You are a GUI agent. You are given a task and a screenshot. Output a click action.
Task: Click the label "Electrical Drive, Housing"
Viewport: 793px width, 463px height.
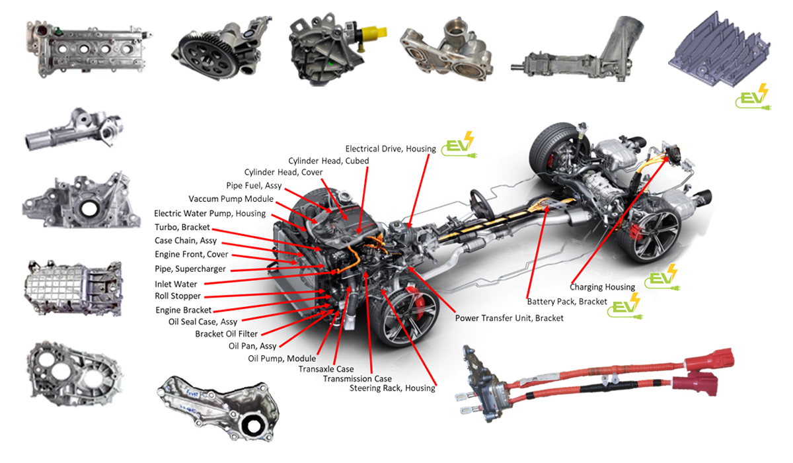pyautogui.click(x=391, y=149)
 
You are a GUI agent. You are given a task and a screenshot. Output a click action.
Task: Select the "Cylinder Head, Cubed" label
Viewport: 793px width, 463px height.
pyautogui.click(x=328, y=161)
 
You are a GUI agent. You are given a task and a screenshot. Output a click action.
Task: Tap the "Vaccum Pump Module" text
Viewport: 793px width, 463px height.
pyautogui.click(x=231, y=199)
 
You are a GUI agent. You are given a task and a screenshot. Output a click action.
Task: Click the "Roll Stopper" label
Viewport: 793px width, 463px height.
pyautogui.click(x=178, y=296)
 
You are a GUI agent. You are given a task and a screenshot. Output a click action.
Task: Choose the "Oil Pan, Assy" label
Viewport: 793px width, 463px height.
pyautogui.click(x=252, y=346)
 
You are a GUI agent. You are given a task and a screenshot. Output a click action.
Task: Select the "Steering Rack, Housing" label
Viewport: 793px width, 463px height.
pyautogui.click(x=393, y=388)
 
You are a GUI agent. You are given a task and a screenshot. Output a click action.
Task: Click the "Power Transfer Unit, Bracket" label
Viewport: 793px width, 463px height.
pyautogui.click(x=510, y=318)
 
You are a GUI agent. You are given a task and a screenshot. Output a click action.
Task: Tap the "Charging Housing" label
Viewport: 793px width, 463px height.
pyautogui.click(x=602, y=287)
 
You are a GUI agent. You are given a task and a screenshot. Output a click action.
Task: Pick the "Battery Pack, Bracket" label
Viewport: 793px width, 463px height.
pyautogui.click(x=567, y=302)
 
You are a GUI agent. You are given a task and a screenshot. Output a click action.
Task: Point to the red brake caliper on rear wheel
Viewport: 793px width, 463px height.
pyautogui.click(x=637, y=232)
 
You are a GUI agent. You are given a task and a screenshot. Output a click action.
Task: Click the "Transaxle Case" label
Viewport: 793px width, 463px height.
pyautogui.click(x=326, y=369)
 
